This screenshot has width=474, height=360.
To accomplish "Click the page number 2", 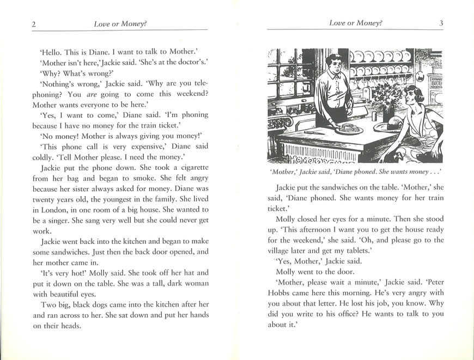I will pos(34,23).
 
